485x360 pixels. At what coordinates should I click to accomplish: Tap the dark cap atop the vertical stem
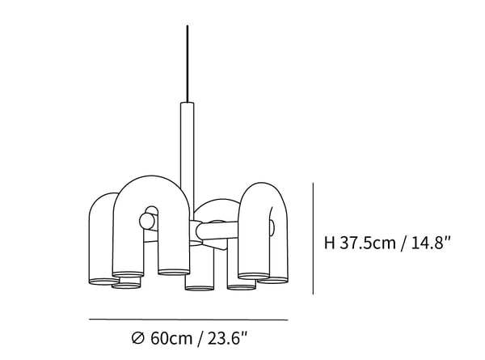coord(186,104)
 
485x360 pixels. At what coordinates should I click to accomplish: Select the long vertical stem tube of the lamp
coord(186,146)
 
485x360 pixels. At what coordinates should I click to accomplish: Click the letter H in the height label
coord(329,242)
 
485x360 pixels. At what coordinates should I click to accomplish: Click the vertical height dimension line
coord(313,239)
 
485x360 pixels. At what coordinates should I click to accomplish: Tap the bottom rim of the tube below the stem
coord(198,286)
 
